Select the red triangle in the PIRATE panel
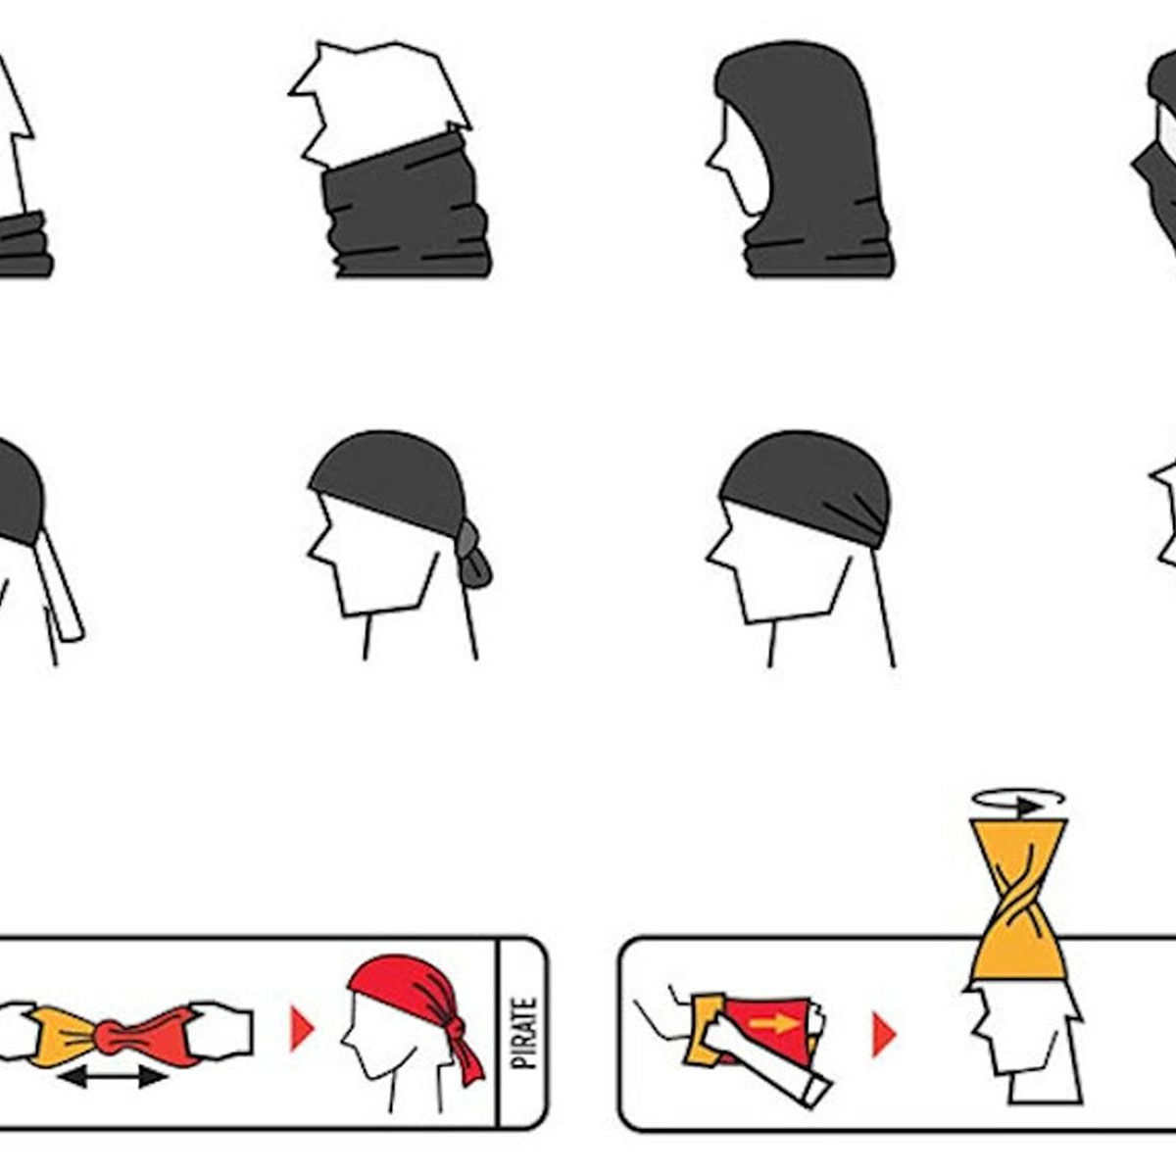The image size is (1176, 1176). tap(302, 1030)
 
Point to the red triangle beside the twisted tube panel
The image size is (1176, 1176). tap(883, 1035)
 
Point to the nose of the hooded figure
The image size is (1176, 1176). tap(711, 163)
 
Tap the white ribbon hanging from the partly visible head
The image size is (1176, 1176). tap(61, 586)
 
